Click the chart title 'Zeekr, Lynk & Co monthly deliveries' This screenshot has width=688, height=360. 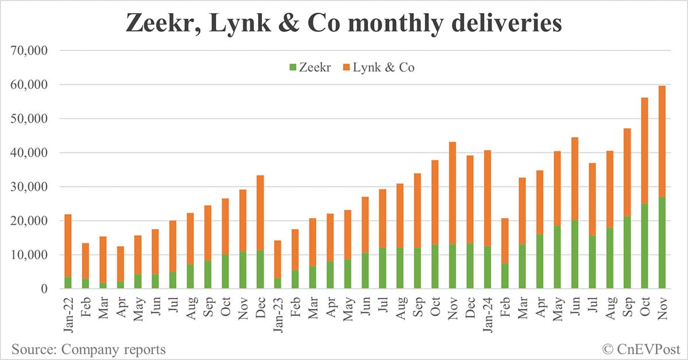pos(344,25)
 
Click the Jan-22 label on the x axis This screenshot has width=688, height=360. pos(68,312)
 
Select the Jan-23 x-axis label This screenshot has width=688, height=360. pos(277,312)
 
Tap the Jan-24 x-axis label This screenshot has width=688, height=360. pos(487,312)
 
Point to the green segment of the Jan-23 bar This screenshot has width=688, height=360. pos(277,284)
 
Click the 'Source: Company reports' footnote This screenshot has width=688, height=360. pos(88,349)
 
